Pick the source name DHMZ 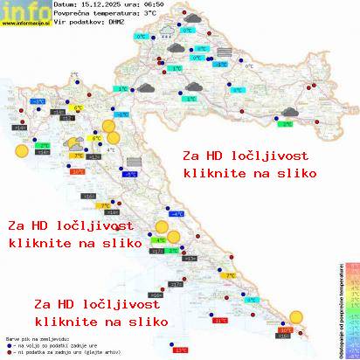point(115,24)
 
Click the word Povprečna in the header point(70,15)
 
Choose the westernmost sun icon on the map point(22,149)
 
